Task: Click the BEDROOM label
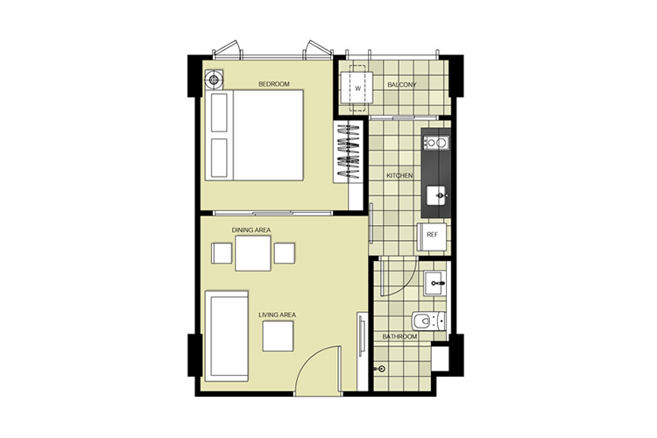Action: click(x=274, y=84)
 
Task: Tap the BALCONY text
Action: click(x=402, y=85)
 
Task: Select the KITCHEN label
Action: click(x=399, y=175)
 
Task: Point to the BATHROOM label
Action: click(x=399, y=336)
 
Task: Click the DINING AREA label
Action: click(x=251, y=230)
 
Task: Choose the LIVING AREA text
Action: click(x=278, y=314)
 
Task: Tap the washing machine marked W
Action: click(x=357, y=88)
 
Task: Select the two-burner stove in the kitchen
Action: click(x=435, y=143)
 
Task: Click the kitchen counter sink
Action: click(x=437, y=195)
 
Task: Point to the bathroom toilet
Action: click(x=428, y=321)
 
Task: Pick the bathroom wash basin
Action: click(x=434, y=284)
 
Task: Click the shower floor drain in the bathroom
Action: click(x=381, y=369)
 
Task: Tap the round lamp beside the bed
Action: click(x=214, y=79)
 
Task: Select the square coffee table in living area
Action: click(x=279, y=336)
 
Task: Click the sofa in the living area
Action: click(x=226, y=336)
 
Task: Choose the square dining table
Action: click(x=252, y=253)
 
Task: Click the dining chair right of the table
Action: click(x=285, y=253)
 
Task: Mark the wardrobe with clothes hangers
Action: click(x=349, y=152)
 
